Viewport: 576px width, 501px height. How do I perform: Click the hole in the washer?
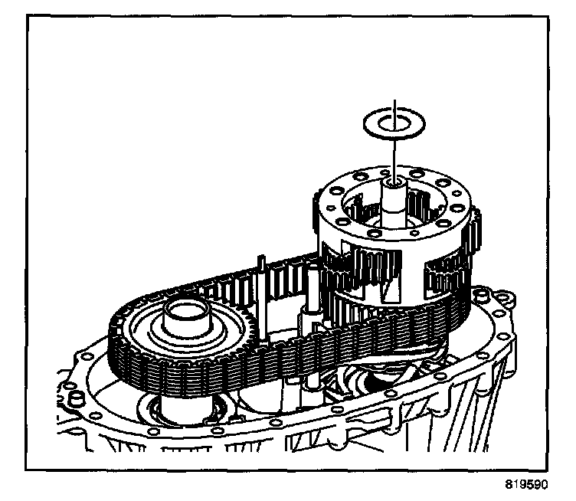point(394,121)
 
